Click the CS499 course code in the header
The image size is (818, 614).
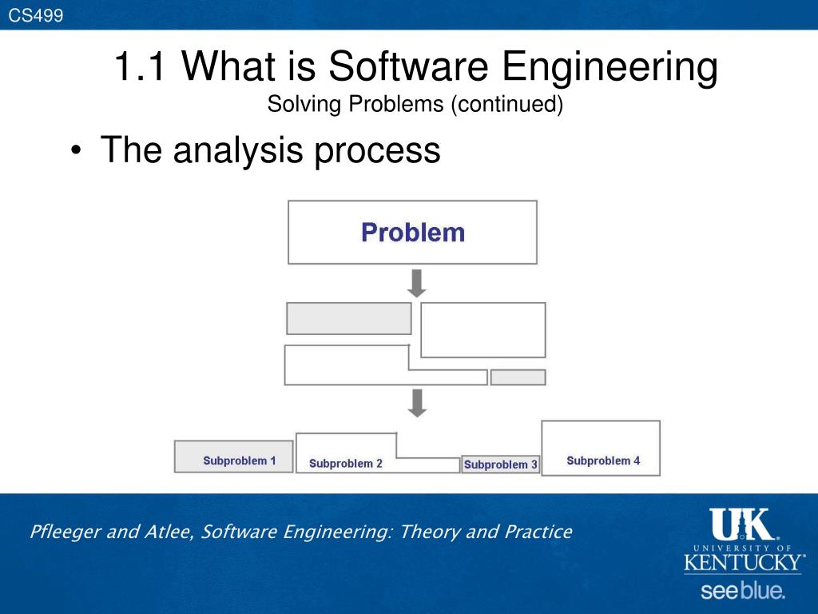point(36,15)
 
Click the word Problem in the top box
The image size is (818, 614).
point(412,233)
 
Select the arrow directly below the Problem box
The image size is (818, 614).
point(417,283)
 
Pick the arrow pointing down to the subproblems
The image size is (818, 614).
point(417,403)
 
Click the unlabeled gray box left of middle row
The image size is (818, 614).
point(349,318)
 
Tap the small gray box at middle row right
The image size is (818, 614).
point(518,377)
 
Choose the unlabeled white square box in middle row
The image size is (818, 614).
point(482,329)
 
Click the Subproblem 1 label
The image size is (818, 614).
point(240,461)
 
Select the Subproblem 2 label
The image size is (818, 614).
point(346,464)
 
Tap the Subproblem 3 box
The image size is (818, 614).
point(501,464)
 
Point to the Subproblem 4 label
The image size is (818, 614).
point(603,460)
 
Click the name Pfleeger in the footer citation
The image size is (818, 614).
point(66,532)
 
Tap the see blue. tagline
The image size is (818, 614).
point(743,592)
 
